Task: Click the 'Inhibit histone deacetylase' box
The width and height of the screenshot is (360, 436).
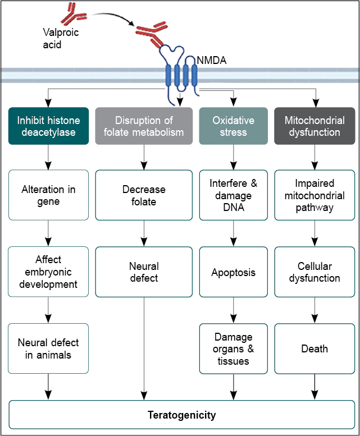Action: (x=48, y=126)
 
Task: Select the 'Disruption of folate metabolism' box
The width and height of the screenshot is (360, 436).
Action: (x=144, y=126)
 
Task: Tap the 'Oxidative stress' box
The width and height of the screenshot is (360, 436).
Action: (x=233, y=126)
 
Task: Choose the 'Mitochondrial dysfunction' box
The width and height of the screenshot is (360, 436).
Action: (x=315, y=126)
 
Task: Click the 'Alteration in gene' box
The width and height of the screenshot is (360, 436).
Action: (x=48, y=195)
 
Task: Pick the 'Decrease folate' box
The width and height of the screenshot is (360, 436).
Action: (x=144, y=195)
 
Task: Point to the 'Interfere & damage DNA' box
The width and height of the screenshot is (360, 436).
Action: (x=233, y=195)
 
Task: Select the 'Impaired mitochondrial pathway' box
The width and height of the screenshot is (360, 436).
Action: (x=315, y=195)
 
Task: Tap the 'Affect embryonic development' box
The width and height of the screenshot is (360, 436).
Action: (x=48, y=272)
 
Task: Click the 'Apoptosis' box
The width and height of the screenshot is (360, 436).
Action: (x=233, y=272)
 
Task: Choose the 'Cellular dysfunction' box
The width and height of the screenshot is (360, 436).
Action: (x=315, y=272)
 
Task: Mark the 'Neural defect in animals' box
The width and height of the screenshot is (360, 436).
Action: (x=48, y=348)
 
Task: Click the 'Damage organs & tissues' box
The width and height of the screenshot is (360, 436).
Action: (x=233, y=348)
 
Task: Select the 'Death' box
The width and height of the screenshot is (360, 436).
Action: (x=315, y=348)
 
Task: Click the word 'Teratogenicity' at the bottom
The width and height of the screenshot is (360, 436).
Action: (x=181, y=415)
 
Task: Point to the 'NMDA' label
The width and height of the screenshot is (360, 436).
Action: (x=211, y=59)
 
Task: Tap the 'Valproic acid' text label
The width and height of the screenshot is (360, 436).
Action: (x=60, y=38)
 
